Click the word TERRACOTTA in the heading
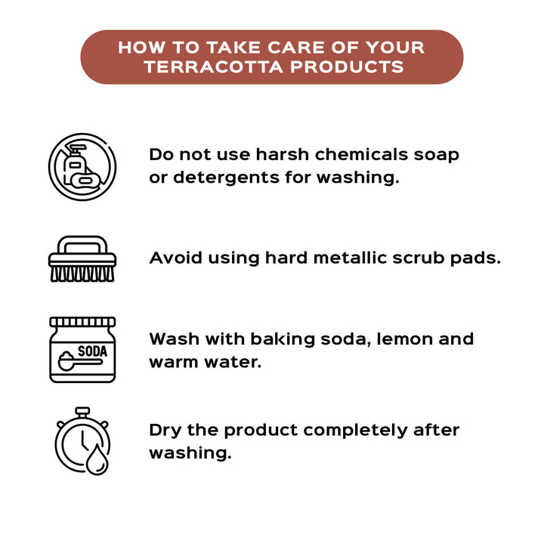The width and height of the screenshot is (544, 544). click(214, 67)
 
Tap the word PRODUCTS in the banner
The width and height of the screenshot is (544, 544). click(348, 67)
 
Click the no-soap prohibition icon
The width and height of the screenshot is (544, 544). click(82, 167)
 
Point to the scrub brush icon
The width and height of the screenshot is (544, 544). click(82, 259)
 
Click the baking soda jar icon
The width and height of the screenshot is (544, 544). click(82, 350)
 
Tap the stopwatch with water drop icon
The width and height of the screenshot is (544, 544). click(82, 441)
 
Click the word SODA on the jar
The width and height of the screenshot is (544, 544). click(92, 351)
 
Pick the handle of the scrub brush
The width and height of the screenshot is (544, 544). click(82, 245)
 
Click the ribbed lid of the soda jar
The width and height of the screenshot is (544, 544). click(82, 322)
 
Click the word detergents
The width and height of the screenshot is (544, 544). click(226, 178)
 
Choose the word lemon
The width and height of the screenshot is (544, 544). click(404, 339)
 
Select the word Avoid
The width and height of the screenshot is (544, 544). click(175, 258)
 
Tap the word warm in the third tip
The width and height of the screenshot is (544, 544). click(174, 363)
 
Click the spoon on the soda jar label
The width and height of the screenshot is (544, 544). click(80, 361)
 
